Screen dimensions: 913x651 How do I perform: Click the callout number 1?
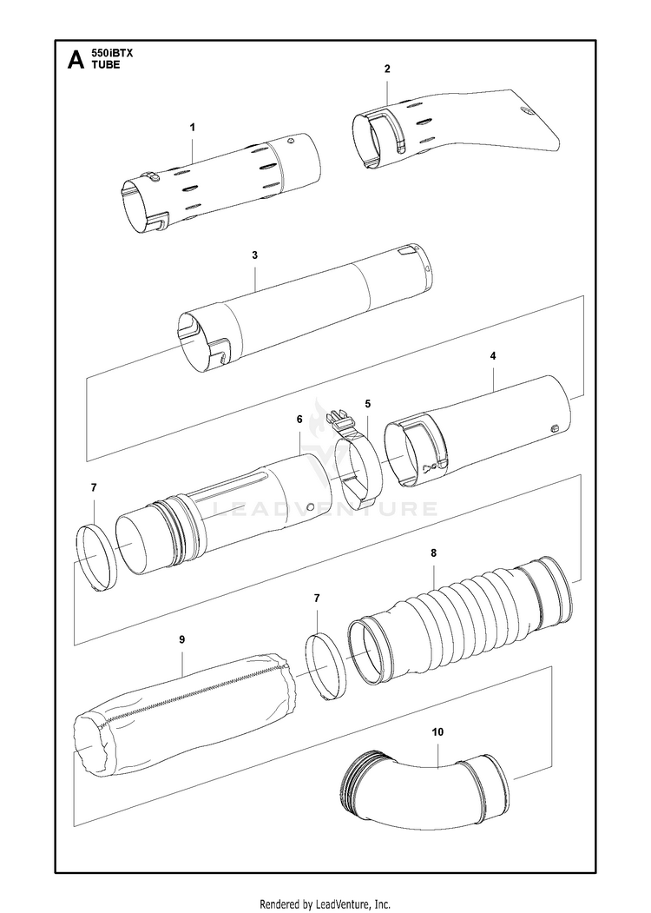click(x=192, y=127)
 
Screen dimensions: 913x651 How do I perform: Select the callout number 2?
click(x=387, y=69)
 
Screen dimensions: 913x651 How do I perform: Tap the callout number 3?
click(x=254, y=255)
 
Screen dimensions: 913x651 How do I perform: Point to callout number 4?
click(x=493, y=356)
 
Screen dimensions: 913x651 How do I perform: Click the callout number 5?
click(x=368, y=404)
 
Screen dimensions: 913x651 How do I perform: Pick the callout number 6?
click(x=299, y=419)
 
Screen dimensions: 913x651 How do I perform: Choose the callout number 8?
click(x=433, y=552)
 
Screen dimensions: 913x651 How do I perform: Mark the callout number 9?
click(x=181, y=639)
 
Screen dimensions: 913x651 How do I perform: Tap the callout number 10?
click(x=437, y=732)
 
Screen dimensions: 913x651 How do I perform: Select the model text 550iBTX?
click(x=113, y=53)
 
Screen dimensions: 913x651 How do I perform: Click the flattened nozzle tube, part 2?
click(x=460, y=126)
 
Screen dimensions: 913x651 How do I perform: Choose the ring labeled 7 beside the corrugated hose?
click(x=325, y=665)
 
